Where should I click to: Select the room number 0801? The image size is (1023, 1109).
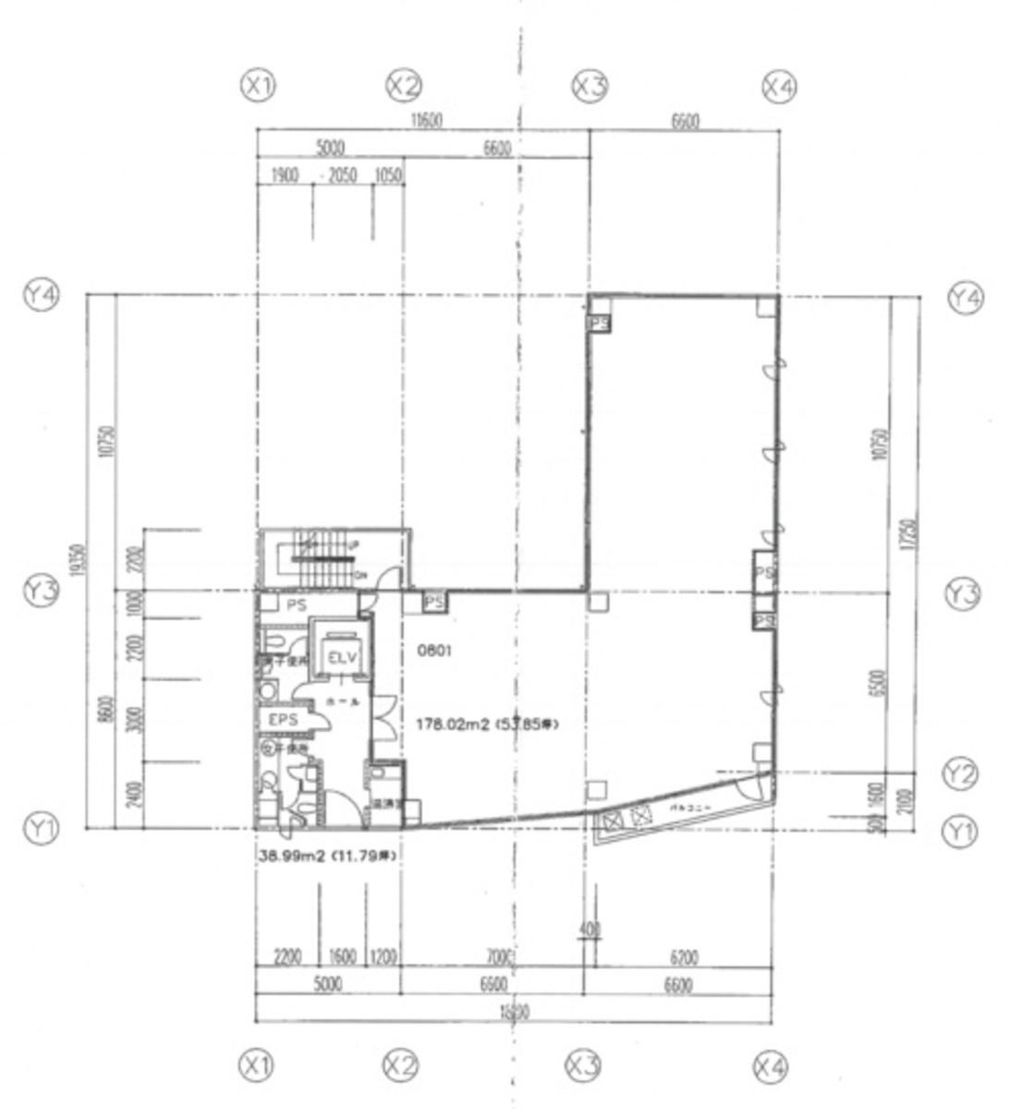click(433, 651)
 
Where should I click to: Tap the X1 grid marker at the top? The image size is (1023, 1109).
click(258, 86)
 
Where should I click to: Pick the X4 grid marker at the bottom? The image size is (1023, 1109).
click(771, 1067)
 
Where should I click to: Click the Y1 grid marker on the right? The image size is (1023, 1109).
click(958, 832)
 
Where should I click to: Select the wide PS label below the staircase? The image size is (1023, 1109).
click(296, 605)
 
